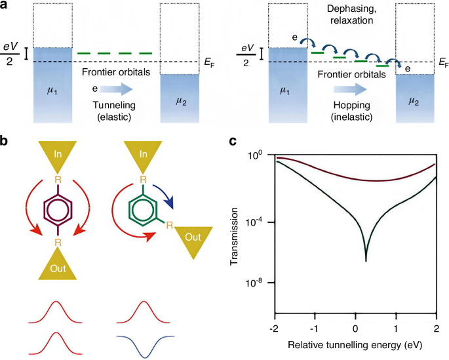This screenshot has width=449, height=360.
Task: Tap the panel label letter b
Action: [5, 140]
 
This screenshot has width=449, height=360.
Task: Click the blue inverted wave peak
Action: [143, 353]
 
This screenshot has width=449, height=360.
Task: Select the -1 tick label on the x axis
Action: [315, 327]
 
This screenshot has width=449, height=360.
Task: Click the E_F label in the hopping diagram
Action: [440, 64]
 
